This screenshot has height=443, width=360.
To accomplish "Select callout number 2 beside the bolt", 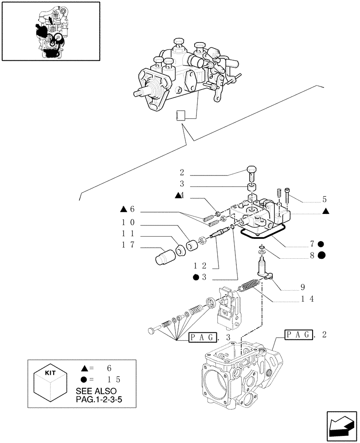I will point(182,173).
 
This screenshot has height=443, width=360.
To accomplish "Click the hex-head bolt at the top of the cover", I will point(251,171).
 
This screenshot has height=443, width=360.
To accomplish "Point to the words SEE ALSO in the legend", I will point(96,392).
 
